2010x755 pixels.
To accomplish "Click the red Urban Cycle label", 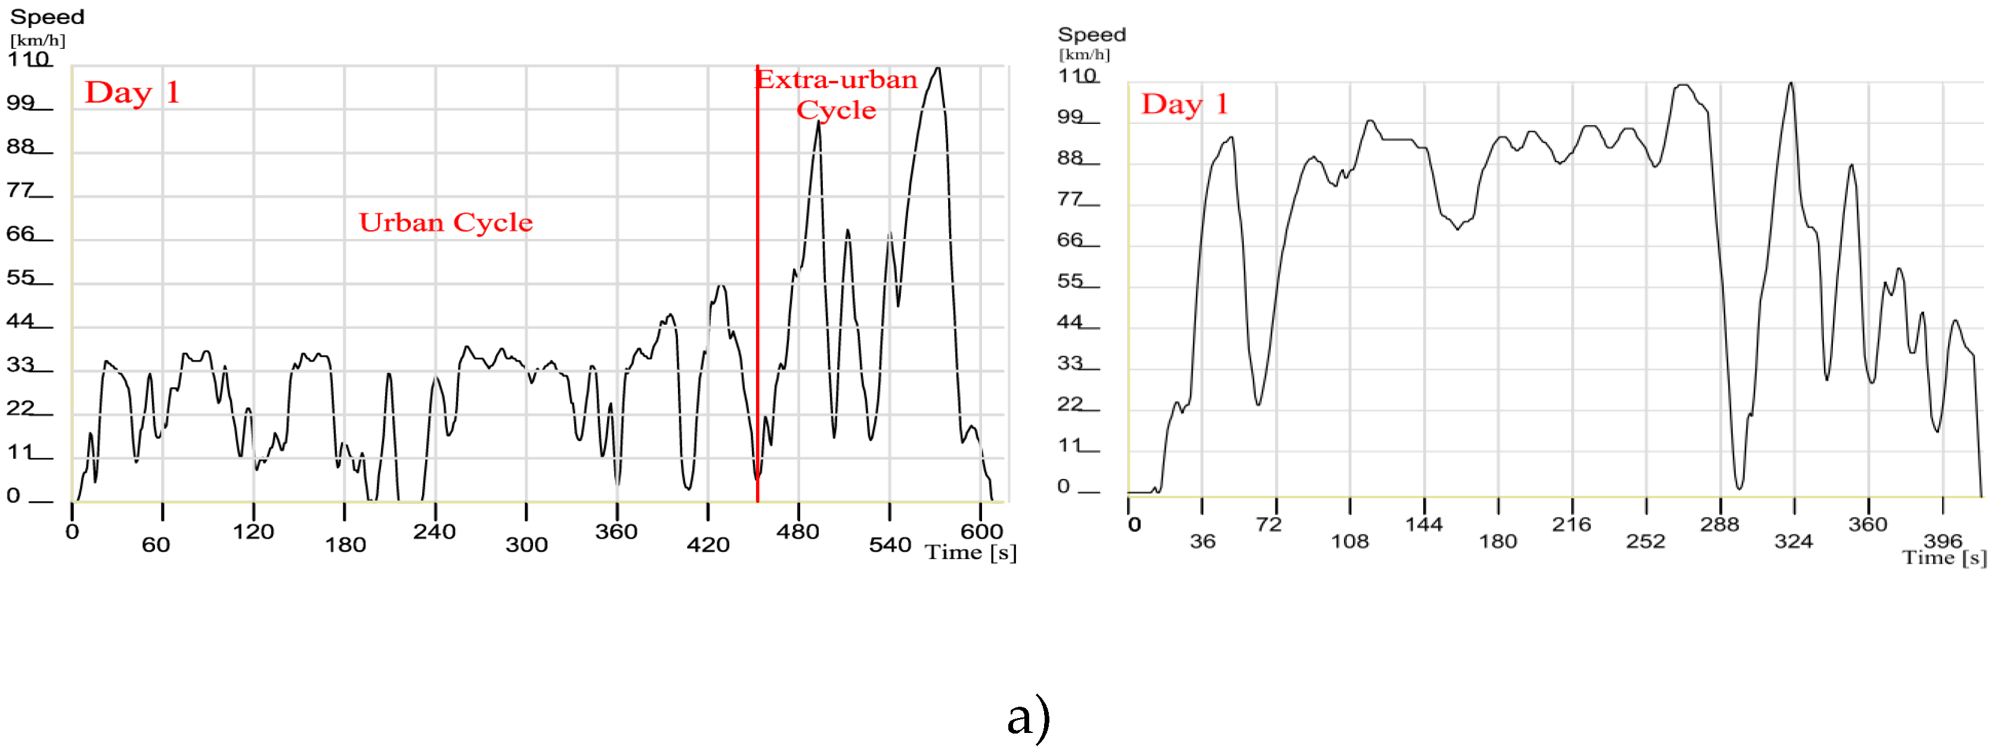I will point(445,222).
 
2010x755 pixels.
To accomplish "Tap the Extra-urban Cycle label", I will point(836,94).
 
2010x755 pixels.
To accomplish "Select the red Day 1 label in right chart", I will point(1184,104).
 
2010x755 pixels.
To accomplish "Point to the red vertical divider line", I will point(757,312).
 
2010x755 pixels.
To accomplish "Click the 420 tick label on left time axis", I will point(708,545).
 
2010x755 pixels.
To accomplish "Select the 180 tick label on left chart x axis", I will point(345,545).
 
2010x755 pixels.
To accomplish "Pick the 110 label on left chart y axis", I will point(28,59).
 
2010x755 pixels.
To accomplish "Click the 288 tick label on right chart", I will point(1720,524).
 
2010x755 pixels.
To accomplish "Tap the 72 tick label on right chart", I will point(1269,524).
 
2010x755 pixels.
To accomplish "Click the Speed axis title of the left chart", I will point(47,16).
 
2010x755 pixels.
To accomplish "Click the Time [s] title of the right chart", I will point(1944,558).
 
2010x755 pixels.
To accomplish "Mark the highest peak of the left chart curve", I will point(938,69).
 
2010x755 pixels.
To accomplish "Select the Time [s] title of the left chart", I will point(970,552).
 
